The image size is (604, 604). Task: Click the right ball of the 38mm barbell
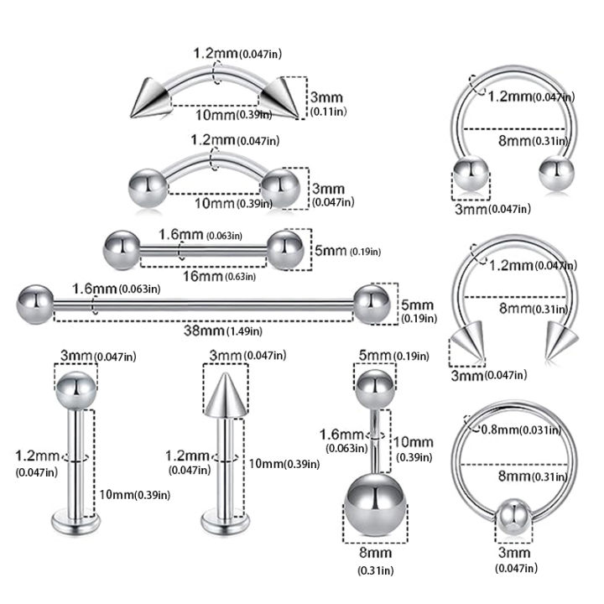[x=372, y=303]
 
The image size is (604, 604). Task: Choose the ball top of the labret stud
[x=75, y=388]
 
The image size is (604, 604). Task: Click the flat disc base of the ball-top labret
[x=75, y=523]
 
